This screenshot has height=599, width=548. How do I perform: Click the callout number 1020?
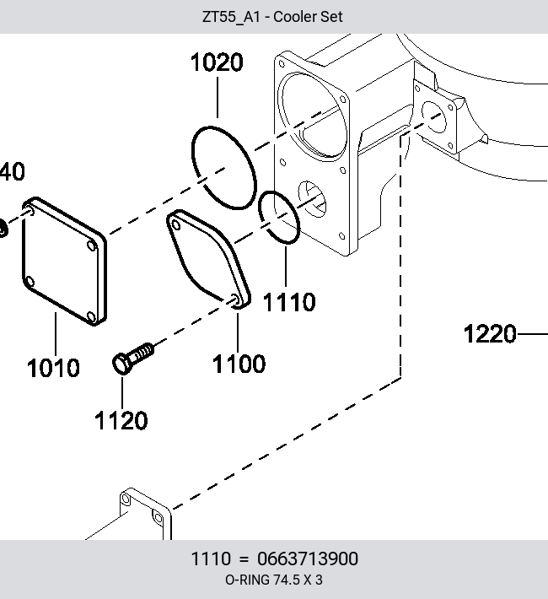[217, 62]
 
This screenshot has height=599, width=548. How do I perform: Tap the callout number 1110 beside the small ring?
[289, 302]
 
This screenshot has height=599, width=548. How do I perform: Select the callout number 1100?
[239, 364]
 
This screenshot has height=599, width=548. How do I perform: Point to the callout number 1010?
[53, 368]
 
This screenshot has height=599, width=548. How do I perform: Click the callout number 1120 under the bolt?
[121, 420]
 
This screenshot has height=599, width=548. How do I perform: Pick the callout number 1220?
[490, 333]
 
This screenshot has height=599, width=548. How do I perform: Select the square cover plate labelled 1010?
[64, 262]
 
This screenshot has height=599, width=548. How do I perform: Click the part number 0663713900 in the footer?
[308, 559]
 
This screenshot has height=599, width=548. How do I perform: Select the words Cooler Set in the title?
[308, 17]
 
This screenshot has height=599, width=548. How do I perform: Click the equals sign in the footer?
[244, 559]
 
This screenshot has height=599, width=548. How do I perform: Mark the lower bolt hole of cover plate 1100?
[234, 299]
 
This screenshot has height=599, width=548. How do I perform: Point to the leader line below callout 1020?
[218, 97]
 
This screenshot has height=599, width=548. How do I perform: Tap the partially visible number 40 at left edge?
[12, 171]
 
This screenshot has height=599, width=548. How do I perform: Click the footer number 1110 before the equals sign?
[211, 559]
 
